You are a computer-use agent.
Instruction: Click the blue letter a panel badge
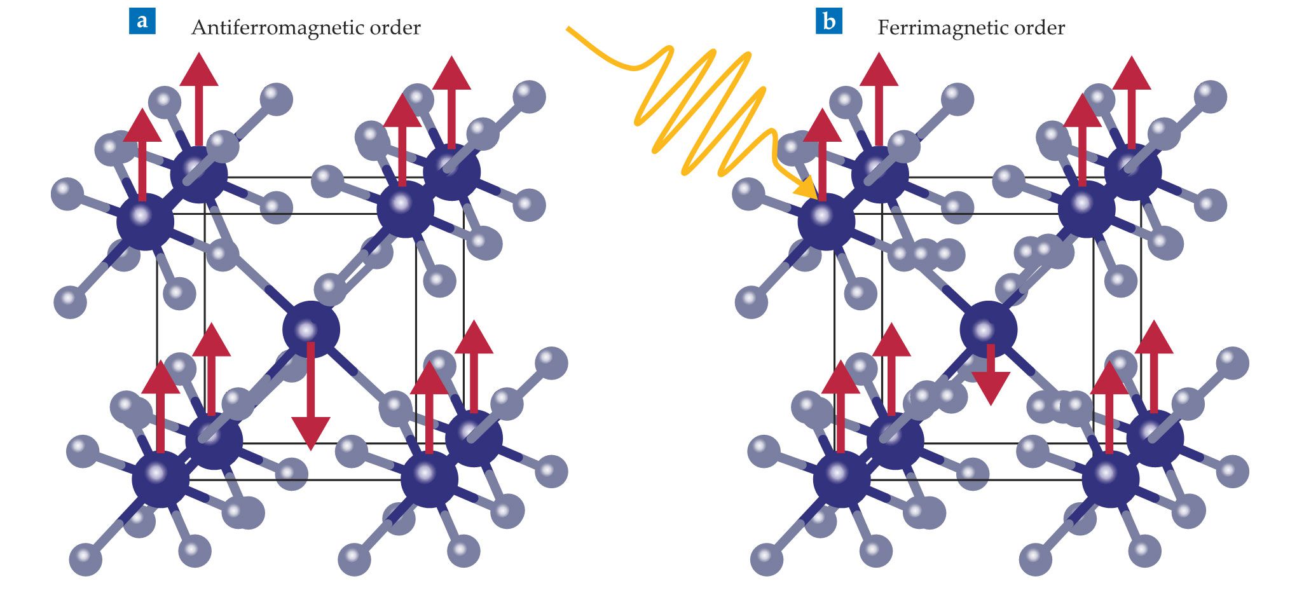click(142, 21)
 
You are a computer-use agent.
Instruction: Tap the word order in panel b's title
click(1040, 28)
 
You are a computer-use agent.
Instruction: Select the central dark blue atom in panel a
click(311, 329)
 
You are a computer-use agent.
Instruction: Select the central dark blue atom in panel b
click(988, 329)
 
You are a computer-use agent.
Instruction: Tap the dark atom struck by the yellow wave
click(826, 221)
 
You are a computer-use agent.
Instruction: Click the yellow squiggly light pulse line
click(699, 108)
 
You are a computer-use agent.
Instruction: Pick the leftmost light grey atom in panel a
click(67, 194)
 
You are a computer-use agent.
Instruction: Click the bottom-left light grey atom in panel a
click(85, 559)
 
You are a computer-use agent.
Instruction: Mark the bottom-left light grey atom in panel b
click(766, 559)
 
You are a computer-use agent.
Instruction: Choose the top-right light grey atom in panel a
click(529, 97)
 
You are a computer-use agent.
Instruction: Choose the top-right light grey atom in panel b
click(1210, 97)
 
